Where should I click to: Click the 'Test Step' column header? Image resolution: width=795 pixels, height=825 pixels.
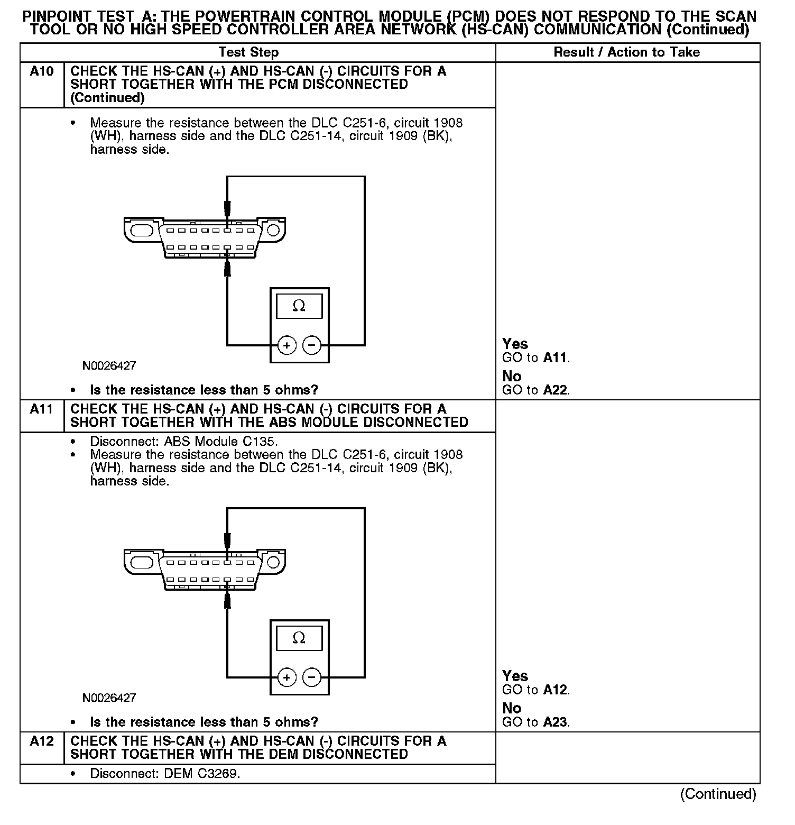click(x=248, y=52)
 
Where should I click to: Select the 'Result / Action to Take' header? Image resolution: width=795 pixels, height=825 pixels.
click(x=626, y=52)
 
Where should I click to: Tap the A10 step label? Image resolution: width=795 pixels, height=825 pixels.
click(x=42, y=71)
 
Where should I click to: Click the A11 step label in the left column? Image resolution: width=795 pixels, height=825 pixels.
click(x=42, y=409)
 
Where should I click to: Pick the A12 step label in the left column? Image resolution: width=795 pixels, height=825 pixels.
click(x=42, y=741)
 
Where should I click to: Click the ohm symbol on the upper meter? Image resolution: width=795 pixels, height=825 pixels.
click(x=299, y=306)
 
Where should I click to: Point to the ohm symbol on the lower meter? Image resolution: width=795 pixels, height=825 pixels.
click(x=299, y=638)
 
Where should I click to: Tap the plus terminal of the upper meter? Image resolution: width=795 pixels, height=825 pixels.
click(x=286, y=346)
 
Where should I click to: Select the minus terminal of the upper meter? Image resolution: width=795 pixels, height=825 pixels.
click(x=312, y=346)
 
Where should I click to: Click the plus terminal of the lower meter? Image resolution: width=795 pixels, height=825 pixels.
click(x=286, y=677)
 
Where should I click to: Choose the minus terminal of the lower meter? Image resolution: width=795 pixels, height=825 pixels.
click(x=312, y=677)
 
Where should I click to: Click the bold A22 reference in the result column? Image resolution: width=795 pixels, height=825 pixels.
click(x=556, y=390)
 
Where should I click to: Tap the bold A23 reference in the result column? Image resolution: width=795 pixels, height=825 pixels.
click(x=556, y=722)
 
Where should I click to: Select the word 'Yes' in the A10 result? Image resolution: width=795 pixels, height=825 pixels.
click(x=515, y=344)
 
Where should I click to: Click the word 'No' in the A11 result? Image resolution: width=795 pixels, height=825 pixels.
click(x=512, y=708)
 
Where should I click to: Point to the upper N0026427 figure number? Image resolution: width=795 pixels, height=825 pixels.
click(x=109, y=366)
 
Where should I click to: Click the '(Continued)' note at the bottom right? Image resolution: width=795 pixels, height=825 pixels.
click(x=718, y=794)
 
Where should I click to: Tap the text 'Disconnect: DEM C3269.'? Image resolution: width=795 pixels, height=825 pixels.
click(x=165, y=774)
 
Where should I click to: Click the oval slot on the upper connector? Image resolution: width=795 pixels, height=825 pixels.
click(x=141, y=231)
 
